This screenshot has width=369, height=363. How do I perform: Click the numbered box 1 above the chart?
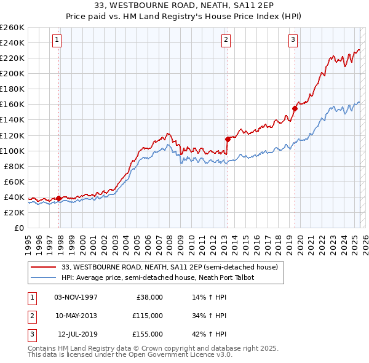click(x=57, y=40)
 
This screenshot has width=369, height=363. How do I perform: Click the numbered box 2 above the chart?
click(x=226, y=40)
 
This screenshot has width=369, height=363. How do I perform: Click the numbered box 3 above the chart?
click(x=293, y=40)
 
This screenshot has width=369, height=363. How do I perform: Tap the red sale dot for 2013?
click(x=228, y=139)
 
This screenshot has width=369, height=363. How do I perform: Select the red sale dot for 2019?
click(x=295, y=108)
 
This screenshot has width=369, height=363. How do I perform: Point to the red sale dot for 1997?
click(x=58, y=198)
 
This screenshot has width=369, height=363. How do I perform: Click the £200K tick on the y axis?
click(x=12, y=73)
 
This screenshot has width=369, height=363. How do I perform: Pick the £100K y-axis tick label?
click(x=12, y=151)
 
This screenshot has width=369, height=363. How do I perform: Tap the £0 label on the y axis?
click(x=18, y=228)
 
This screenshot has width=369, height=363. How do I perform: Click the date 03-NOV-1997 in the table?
click(x=76, y=297)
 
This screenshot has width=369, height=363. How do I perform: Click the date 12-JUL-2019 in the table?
click(x=77, y=334)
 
